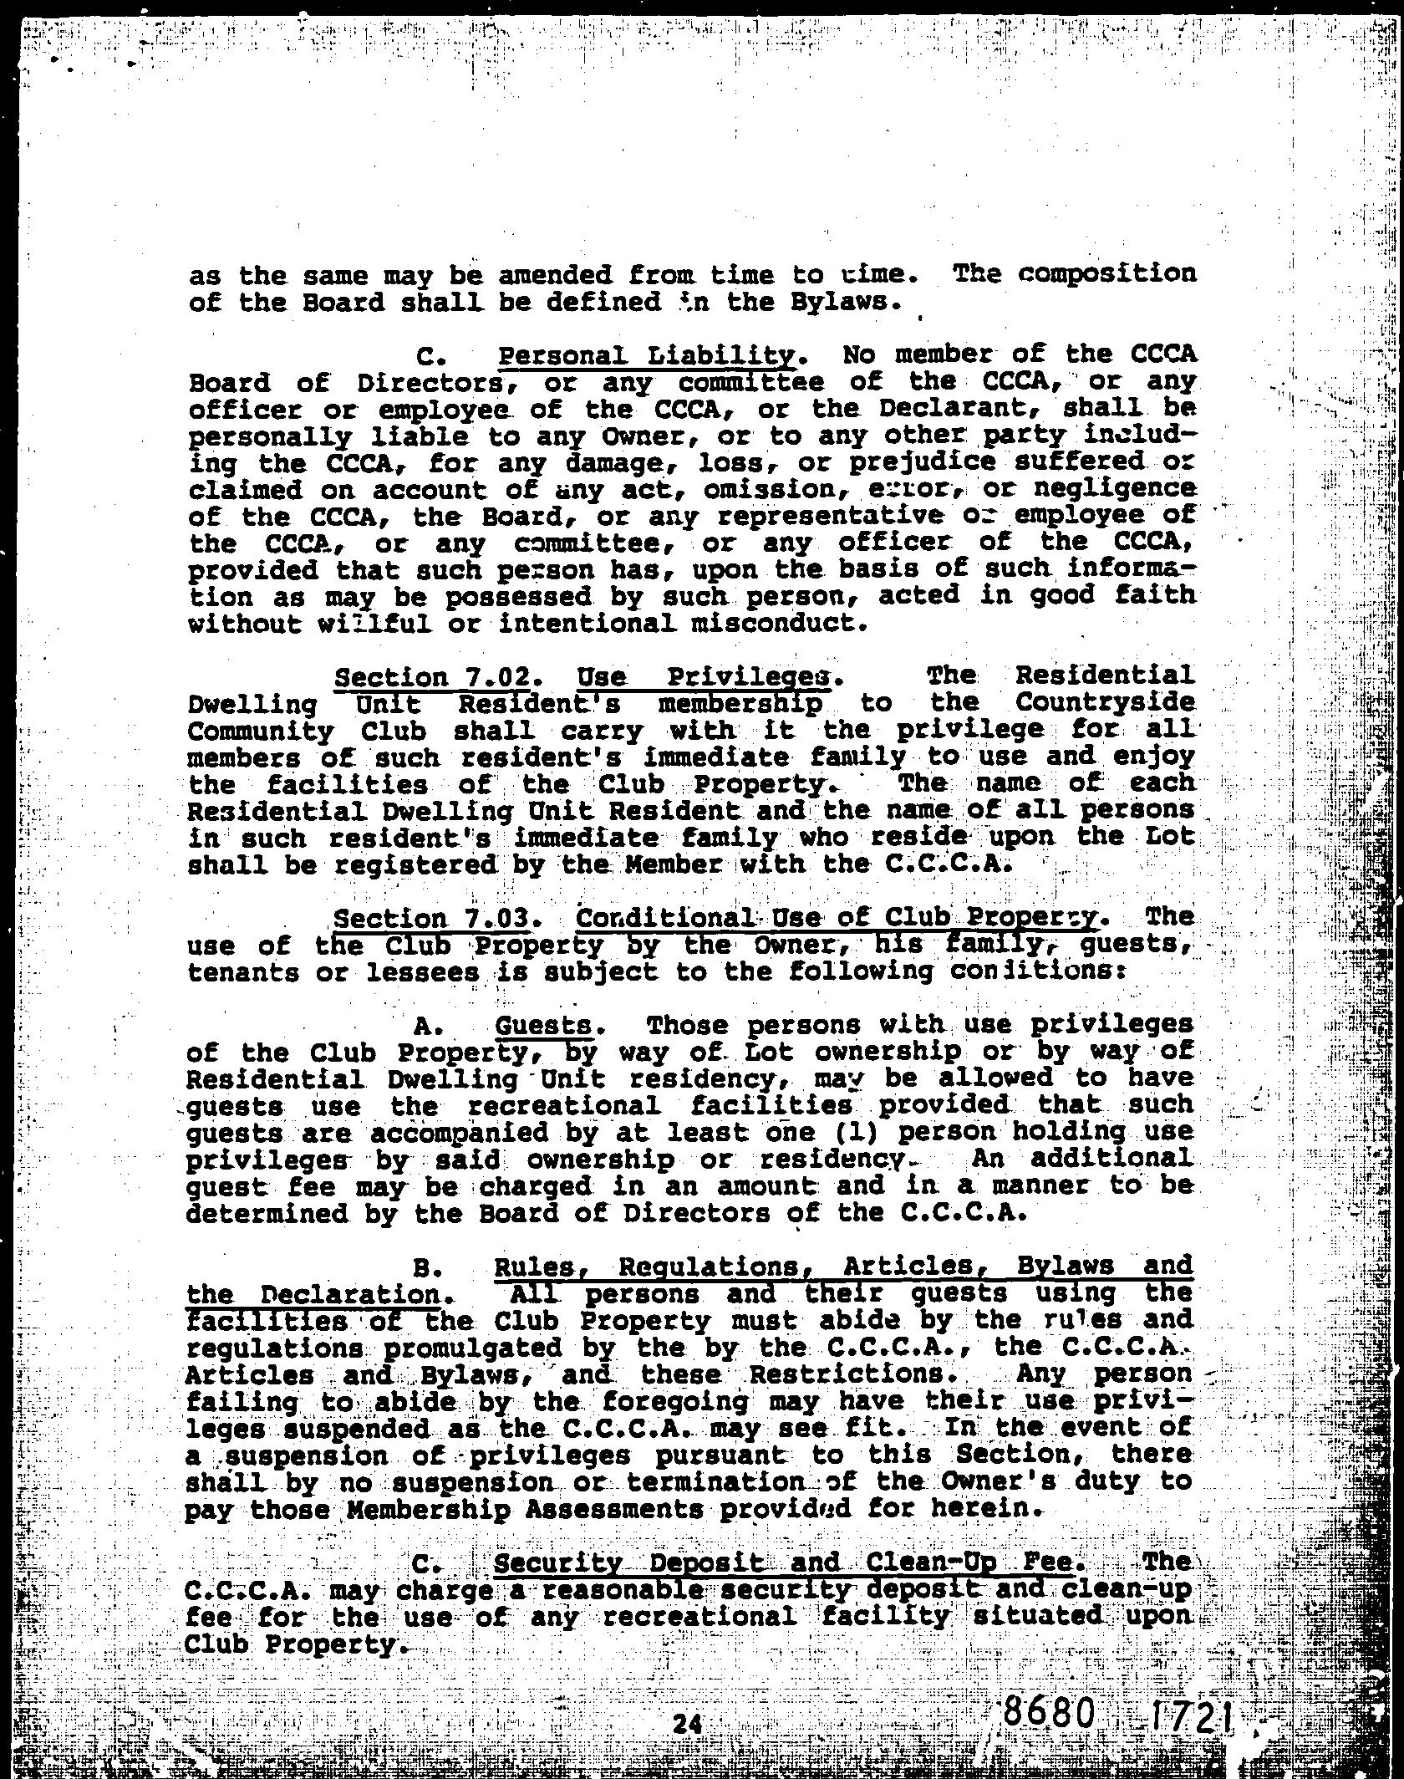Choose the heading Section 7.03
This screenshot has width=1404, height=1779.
pos(432,918)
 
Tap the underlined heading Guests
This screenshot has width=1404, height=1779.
pos(544,1026)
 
